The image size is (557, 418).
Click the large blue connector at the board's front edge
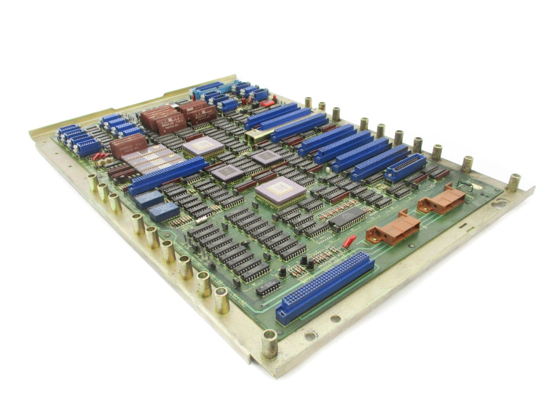[324, 288]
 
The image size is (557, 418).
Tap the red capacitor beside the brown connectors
[349, 241]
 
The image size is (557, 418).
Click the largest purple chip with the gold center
[280, 190]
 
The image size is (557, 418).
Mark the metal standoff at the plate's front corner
[270, 344]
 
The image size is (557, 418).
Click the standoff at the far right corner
[513, 182]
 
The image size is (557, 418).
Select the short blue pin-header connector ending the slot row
[406, 168]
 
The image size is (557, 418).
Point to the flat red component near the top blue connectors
[268, 103]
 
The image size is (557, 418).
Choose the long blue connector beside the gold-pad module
[167, 175]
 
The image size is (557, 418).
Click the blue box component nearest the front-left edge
[164, 211]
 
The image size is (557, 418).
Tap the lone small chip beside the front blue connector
[267, 287]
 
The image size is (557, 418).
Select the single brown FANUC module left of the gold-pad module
[128, 145]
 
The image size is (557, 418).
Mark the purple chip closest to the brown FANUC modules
[203, 145]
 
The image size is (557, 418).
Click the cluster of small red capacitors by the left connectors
[99, 156]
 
